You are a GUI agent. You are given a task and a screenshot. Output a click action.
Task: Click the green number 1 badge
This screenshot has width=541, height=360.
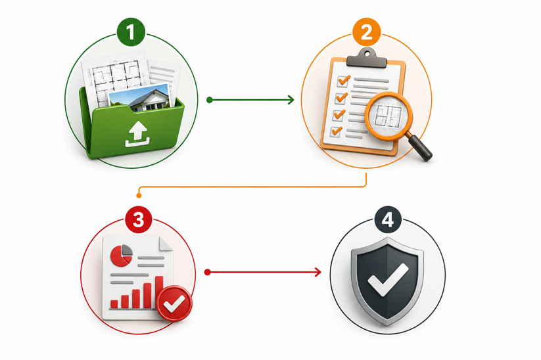[x=131, y=32]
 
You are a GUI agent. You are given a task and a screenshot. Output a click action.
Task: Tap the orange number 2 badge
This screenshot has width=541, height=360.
[x=366, y=32]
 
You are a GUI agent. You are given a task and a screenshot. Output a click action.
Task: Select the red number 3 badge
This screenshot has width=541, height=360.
[x=138, y=219]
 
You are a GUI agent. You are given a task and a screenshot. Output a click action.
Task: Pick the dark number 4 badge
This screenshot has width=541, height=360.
[x=388, y=219]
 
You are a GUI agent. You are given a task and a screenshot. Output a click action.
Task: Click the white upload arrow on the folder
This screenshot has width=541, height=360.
[x=137, y=134]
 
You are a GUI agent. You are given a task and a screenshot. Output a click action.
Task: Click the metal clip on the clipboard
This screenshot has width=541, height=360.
[x=366, y=58]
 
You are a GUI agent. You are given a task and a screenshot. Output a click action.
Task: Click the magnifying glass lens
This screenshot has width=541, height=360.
[x=388, y=116]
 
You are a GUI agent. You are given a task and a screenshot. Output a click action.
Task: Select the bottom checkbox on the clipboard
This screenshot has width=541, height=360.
[x=336, y=131]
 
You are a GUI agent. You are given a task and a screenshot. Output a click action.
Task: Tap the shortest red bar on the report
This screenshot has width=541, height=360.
[x=114, y=304]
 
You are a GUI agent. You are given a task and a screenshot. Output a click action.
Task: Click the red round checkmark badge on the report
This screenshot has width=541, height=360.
[x=174, y=304]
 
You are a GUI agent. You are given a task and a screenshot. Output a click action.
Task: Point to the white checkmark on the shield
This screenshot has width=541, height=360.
[x=388, y=279]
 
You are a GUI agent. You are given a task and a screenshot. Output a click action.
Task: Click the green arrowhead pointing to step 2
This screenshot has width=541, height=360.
[x=291, y=100]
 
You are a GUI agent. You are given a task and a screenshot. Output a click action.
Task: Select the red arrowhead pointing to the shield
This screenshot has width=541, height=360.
[x=318, y=273]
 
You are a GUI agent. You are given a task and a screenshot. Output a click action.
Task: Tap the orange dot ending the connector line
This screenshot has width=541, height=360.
[x=139, y=196]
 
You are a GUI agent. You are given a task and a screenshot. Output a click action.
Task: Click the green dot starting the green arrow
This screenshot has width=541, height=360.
[x=210, y=100]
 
